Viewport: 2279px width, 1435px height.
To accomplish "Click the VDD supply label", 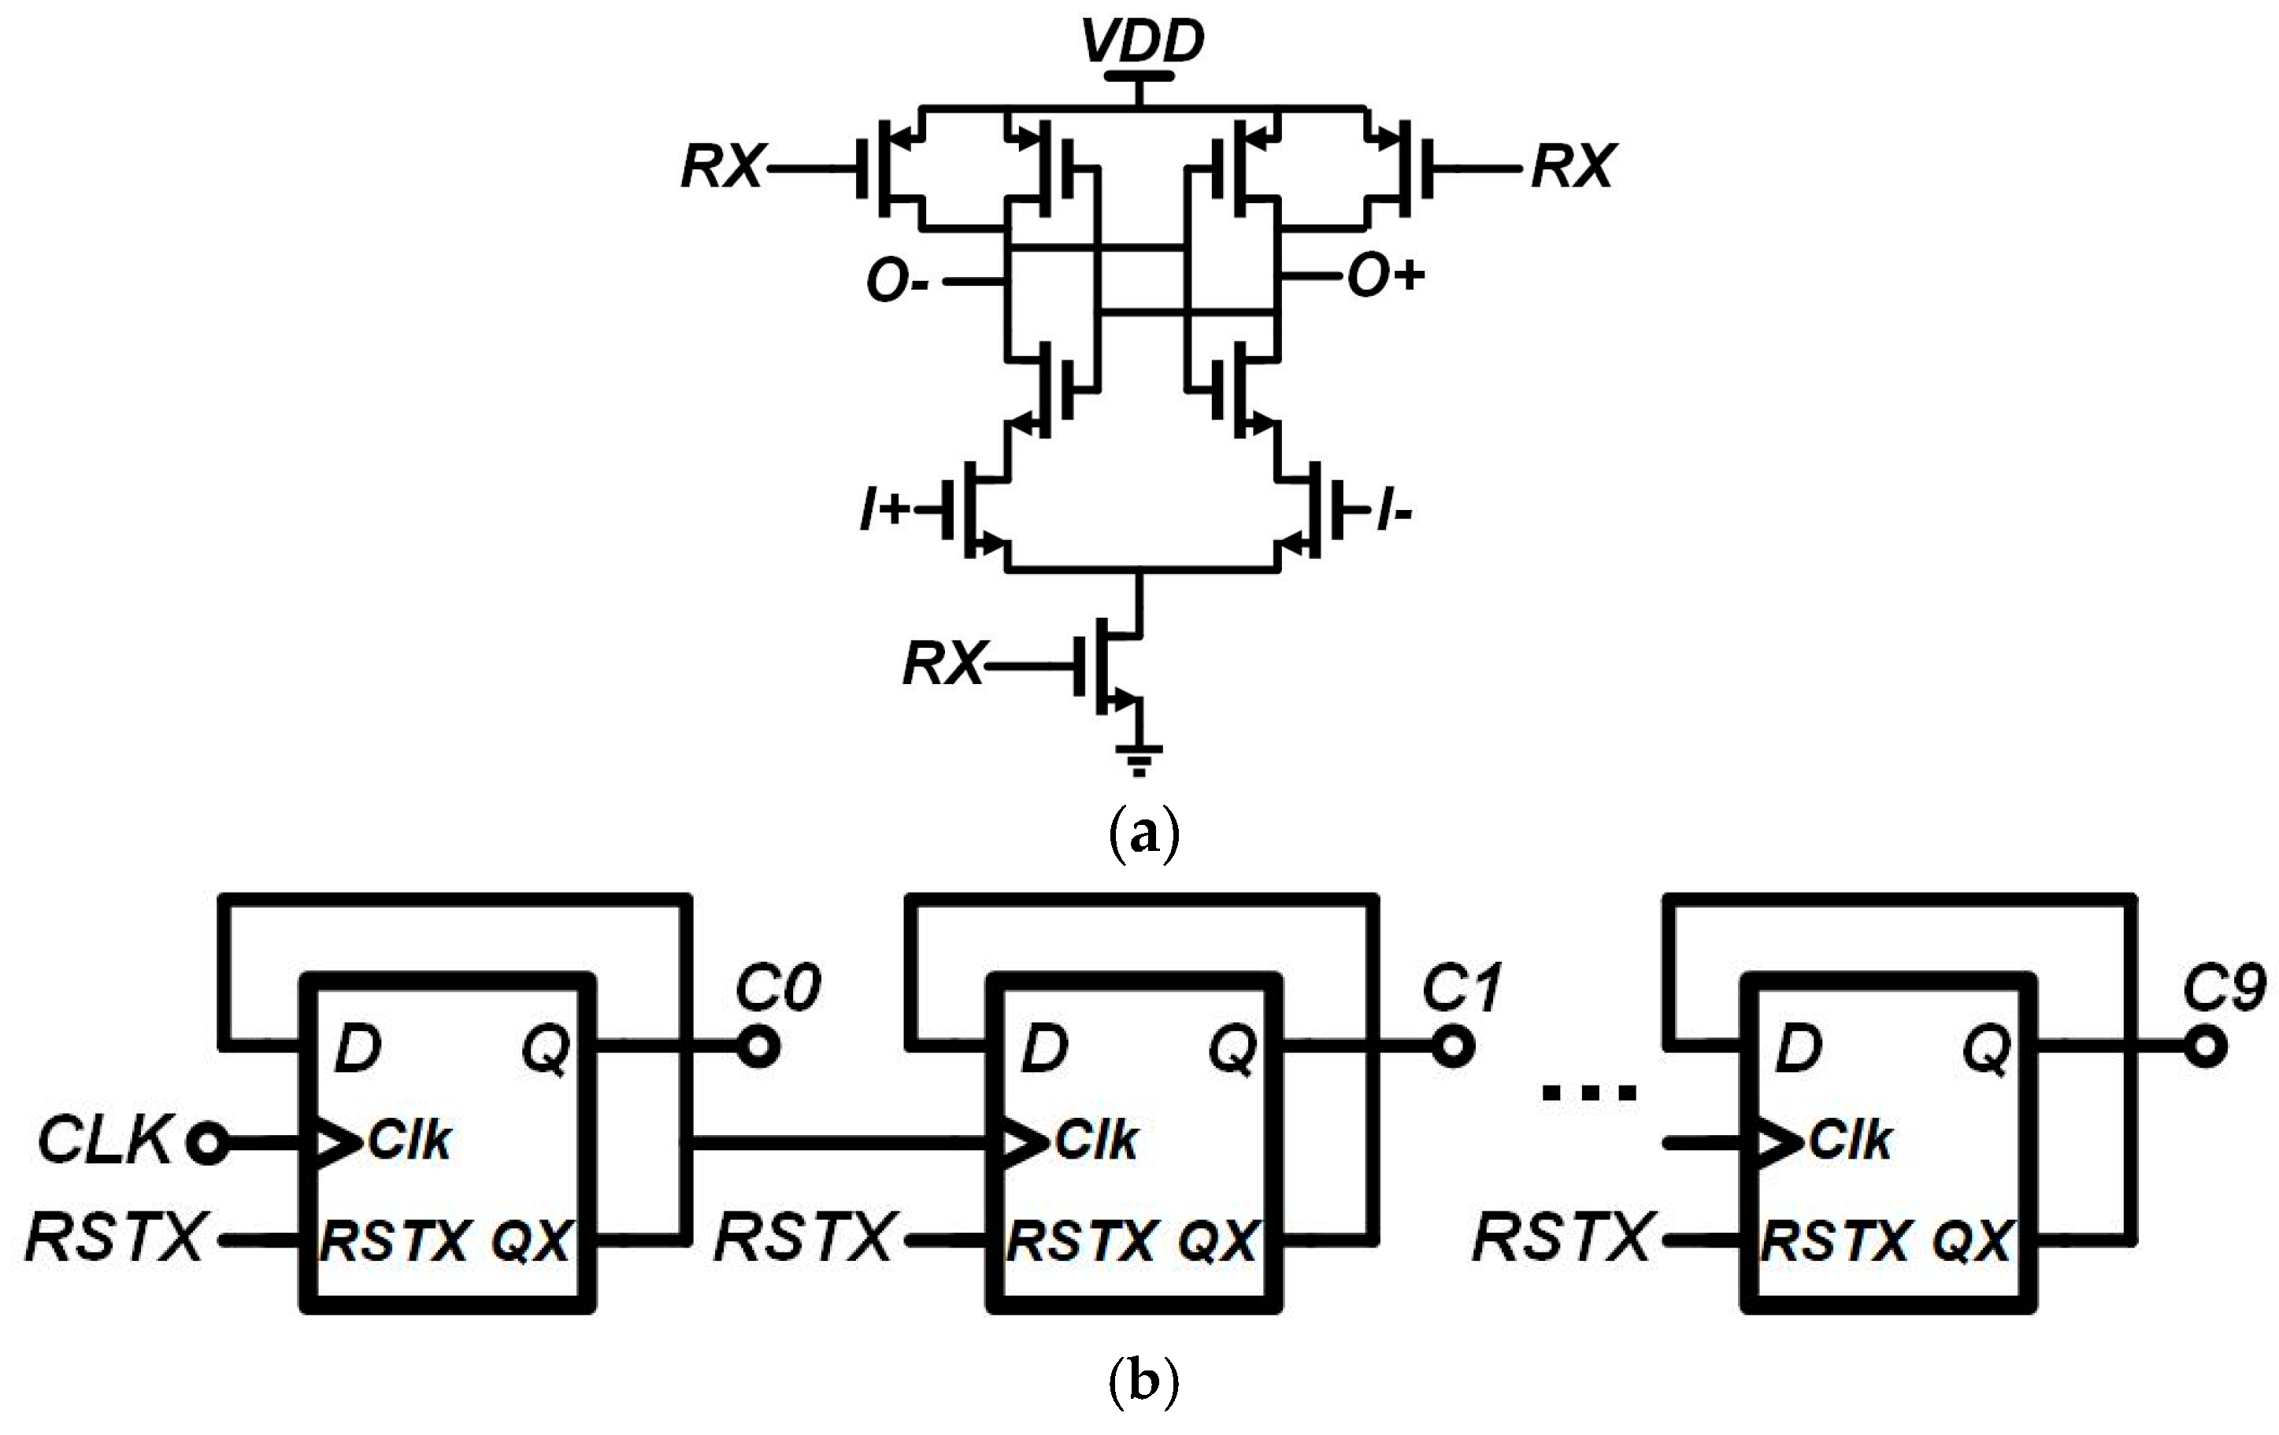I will [1143, 42].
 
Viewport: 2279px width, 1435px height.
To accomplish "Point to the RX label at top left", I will [721, 168].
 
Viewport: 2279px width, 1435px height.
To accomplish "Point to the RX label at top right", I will [1571, 168].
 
